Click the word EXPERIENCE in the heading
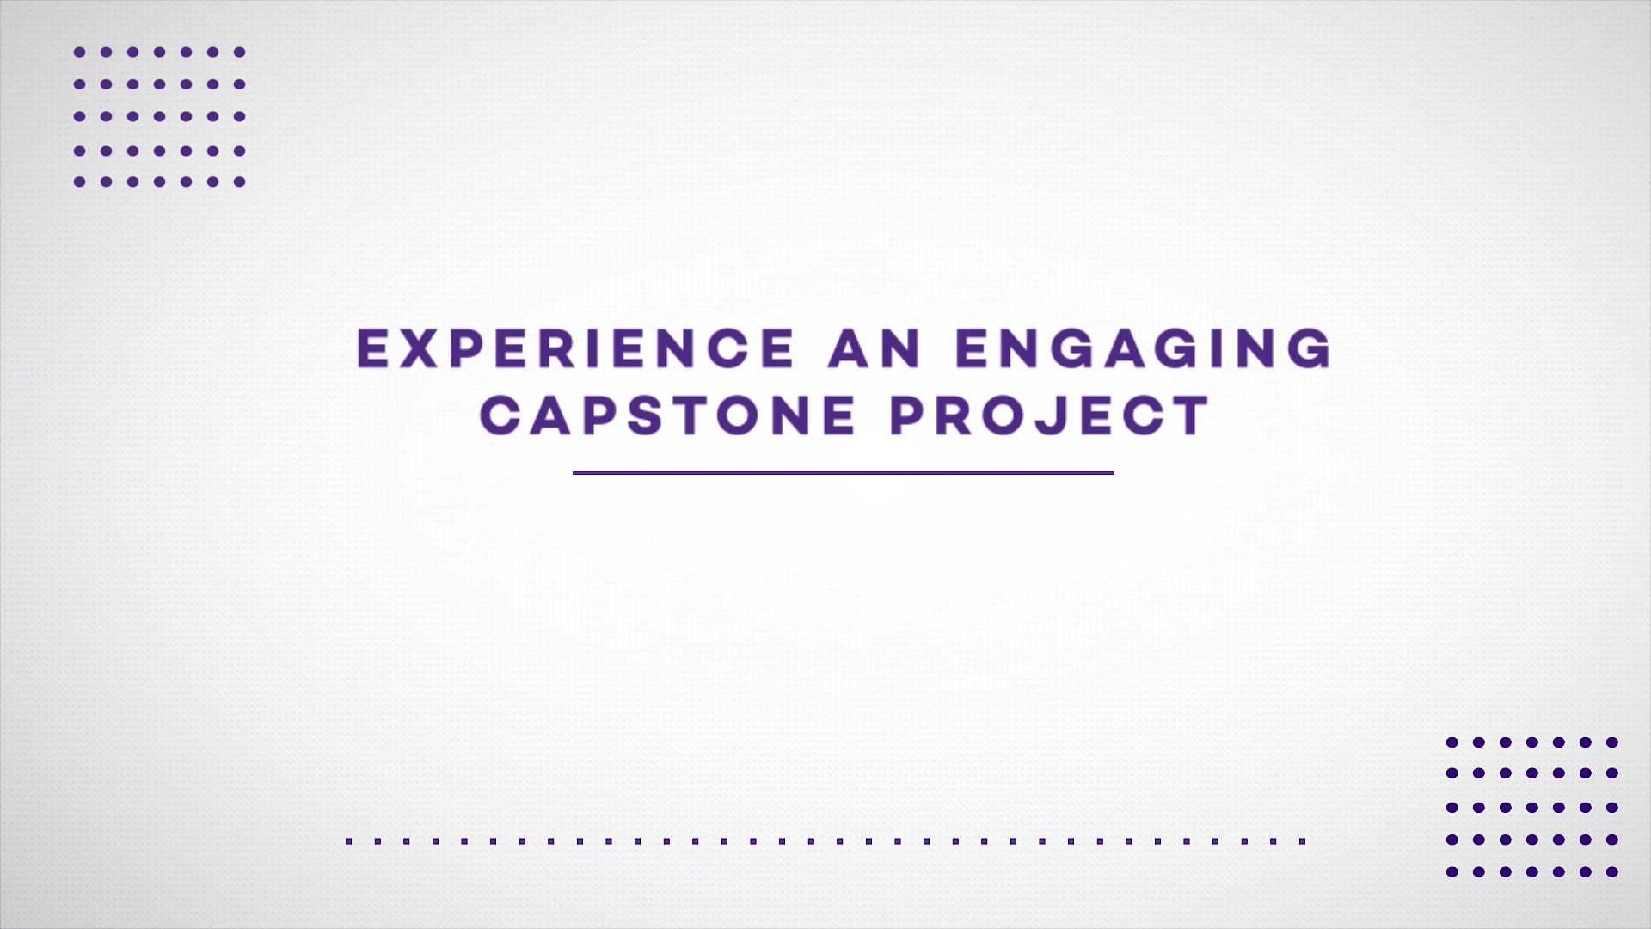point(575,348)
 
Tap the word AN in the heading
point(875,348)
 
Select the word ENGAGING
point(1144,348)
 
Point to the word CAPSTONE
point(667,415)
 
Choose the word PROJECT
point(1050,415)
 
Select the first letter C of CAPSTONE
point(500,415)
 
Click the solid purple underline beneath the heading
point(844,472)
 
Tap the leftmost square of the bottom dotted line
point(349,840)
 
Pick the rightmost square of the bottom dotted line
point(1303,840)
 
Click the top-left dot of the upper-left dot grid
point(79,52)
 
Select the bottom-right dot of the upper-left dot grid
point(240,181)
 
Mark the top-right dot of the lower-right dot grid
point(1612,741)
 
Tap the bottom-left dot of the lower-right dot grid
point(1452,871)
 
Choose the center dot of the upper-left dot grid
point(159,116)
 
